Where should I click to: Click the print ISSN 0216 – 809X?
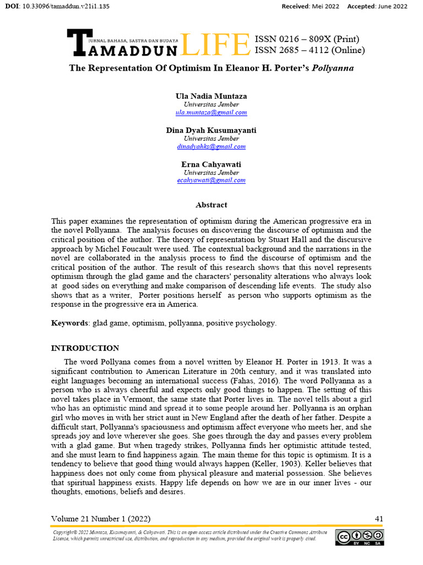click(306, 39)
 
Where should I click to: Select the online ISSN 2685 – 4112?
click(308, 51)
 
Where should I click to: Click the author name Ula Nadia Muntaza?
click(211, 96)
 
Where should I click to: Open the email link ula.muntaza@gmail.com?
click(211, 113)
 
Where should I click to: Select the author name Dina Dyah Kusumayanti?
click(211, 130)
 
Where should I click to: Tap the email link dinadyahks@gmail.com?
click(211, 147)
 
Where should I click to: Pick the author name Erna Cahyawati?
click(211, 164)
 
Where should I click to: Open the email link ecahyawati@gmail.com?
click(211, 180)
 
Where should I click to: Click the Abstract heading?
click(211, 205)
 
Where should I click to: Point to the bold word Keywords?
click(69, 323)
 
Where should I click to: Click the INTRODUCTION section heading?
click(85, 348)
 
